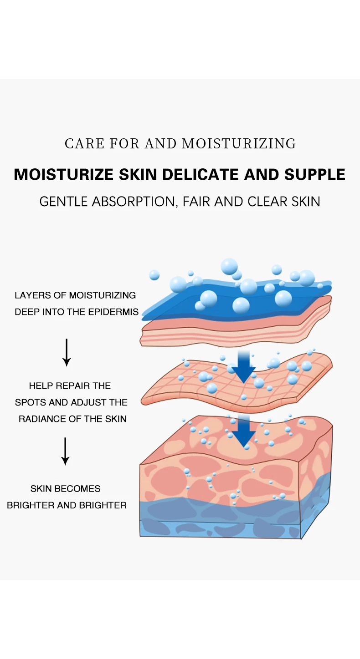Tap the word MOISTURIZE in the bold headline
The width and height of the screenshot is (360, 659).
(63, 175)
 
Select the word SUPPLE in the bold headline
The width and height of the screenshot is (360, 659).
(315, 175)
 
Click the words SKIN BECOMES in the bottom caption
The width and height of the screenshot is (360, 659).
(65, 489)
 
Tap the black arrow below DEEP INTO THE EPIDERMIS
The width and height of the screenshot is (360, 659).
(67, 352)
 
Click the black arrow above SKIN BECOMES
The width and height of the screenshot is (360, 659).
(66, 451)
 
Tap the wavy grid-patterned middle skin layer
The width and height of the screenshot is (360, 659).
(191, 387)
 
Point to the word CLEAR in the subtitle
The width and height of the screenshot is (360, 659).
(268, 202)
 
